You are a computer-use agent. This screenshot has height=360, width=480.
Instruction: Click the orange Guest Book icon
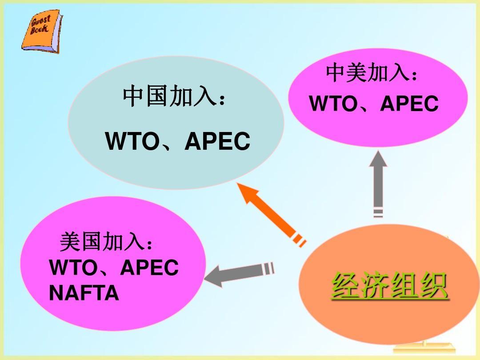(x=41, y=32)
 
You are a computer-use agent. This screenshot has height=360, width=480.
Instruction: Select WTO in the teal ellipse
(x=131, y=141)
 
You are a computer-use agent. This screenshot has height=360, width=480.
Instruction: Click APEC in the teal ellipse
(x=217, y=141)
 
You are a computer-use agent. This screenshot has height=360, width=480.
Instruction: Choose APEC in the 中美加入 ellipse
(x=409, y=104)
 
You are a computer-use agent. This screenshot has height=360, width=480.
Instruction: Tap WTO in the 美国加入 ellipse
(x=73, y=268)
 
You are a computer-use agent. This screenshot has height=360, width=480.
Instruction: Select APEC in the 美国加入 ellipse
(x=149, y=268)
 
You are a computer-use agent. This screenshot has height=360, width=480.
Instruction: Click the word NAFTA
(x=84, y=293)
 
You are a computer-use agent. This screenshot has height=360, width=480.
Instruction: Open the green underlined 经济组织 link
(x=389, y=285)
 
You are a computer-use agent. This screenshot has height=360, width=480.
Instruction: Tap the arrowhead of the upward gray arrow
(x=378, y=162)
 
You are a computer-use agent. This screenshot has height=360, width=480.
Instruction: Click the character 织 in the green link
(x=432, y=285)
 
